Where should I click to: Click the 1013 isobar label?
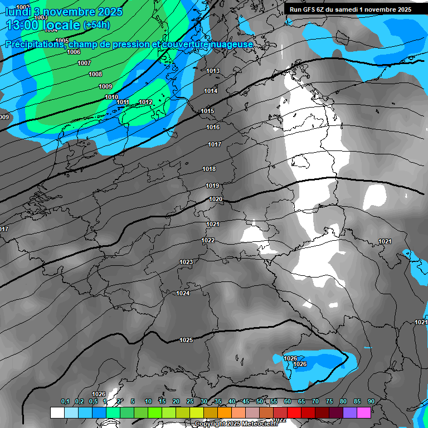pyautogui.click(x=213, y=71)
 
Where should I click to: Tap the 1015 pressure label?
pyautogui.click(x=207, y=111)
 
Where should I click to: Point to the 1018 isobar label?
pyautogui.click(x=209, y=169)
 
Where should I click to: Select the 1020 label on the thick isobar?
pyautogui.click(x=216, y=199)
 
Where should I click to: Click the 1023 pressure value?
pyautogui.click(x=186, y=262)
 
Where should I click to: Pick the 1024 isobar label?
pyautogui.click(x=183, y=293)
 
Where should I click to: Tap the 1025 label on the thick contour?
pyautogui.click(x=186, y=340)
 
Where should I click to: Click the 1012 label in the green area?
pyautogui.click(x=146, y=102)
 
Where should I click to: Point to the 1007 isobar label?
pyautogui.click(x=84, y=63)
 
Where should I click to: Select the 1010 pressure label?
pyautogui.click(x=111, y=97)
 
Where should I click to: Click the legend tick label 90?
pyautogui.click(x=371, y=402)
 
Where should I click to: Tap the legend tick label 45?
pyautogui.click(x=246, y=402)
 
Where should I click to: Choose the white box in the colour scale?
pyautogui.click(x=57, y=412)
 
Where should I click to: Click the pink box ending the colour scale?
pyautogui.click(x=364, y=412)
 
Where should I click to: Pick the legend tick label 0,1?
pyautogui.click(x=65, y=402)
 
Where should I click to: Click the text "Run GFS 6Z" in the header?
pyautogui.click(x=309, y=9)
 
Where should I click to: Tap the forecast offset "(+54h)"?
pyautogui.click(x=96, y=25)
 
